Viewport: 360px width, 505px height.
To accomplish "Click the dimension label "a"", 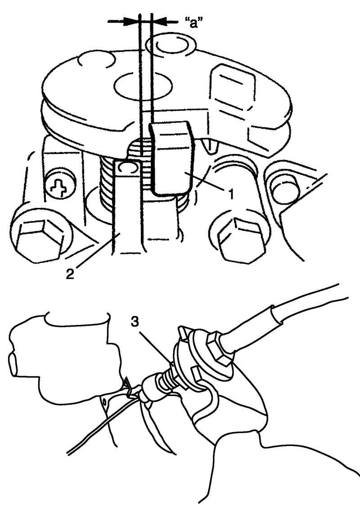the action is (x=193, y=23).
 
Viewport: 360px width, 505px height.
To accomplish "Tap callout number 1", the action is (x=231, y=194).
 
